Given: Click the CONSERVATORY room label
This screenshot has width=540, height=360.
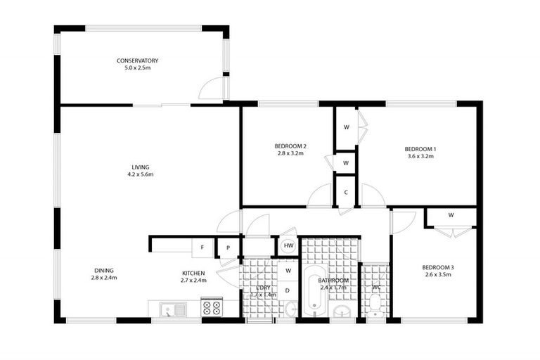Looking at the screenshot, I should (137, 60).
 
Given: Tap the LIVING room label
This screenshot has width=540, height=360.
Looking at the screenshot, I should (140, 167).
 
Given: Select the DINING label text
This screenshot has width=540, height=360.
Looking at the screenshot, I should (103, 270).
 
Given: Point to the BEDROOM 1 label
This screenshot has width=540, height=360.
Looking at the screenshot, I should (420, 148).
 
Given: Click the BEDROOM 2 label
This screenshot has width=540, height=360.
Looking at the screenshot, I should (290, 146).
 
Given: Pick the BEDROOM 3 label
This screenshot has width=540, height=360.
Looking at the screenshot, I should (438, 267).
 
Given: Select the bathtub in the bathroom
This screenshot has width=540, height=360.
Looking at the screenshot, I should (314, 292).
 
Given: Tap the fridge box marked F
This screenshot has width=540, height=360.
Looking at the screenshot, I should (202, 247).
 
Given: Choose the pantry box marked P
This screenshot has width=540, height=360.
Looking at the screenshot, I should (228, 247).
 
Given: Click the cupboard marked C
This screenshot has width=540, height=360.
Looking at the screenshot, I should (346, 191).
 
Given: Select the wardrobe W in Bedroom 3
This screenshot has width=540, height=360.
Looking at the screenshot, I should (451, 215).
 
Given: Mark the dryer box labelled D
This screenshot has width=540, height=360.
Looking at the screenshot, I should (288, 290).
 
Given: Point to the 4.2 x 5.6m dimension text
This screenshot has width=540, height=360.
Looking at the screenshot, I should (140, 174).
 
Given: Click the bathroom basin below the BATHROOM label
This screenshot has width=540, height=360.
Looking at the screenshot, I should (342, 310).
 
